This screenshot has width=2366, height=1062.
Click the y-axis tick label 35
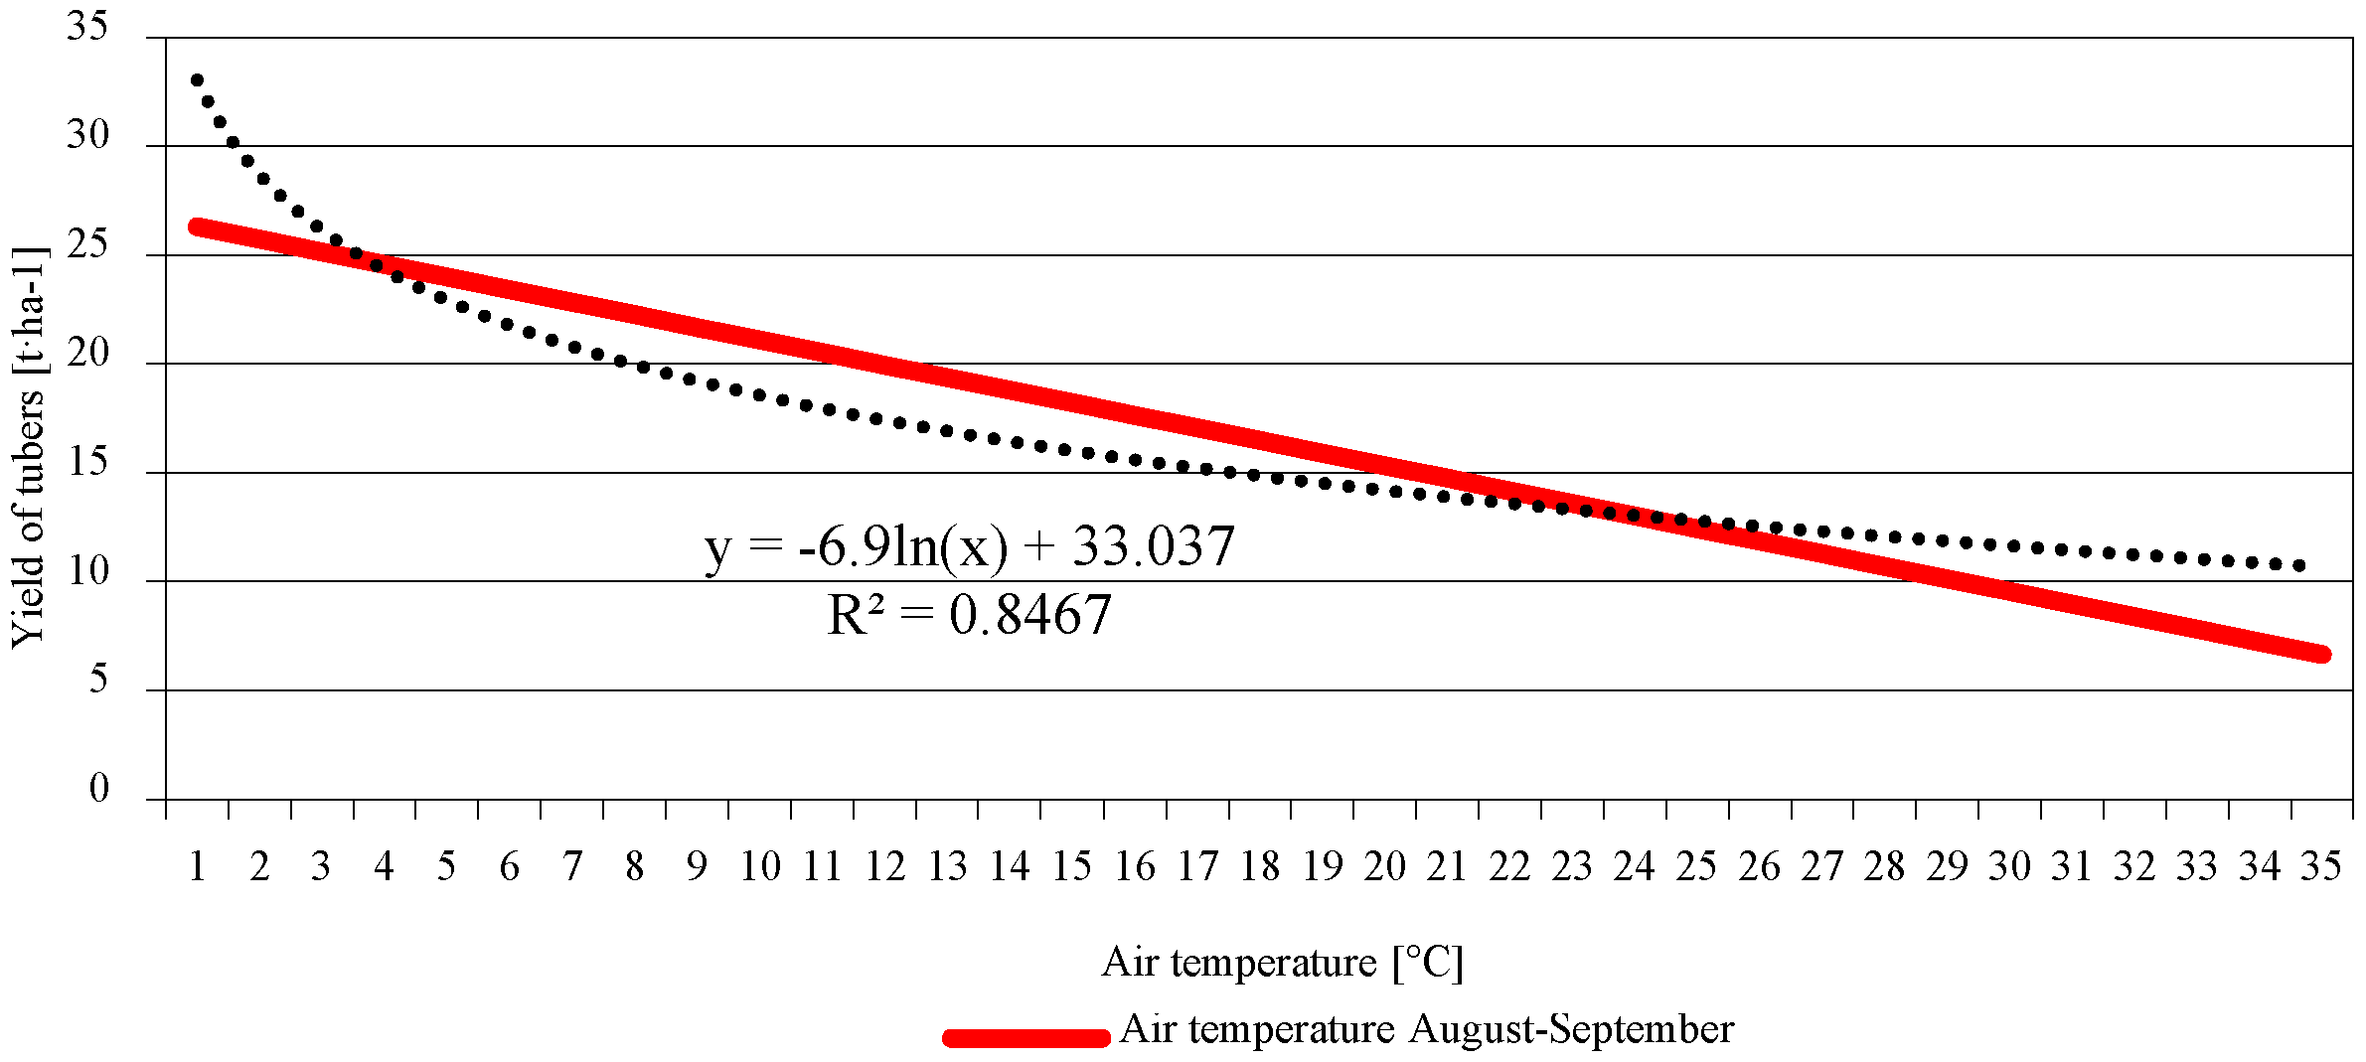(87, 26)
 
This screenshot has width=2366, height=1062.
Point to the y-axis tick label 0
(98, 789)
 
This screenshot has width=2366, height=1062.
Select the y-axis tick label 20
(87, 353)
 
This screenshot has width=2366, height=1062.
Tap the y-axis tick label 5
(98, 680)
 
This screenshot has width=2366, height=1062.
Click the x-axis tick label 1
(197, 867)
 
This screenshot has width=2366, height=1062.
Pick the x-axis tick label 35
(2321, 867)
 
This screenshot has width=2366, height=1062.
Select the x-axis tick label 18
(1260, 867)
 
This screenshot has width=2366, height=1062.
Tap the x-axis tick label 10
(760, 867)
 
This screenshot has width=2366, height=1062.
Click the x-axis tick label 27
(1821, 867)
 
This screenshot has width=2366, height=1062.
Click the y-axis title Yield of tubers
(28, 447)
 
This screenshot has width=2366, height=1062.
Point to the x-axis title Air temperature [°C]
(1282, 962)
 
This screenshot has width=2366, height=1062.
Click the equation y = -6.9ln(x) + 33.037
(969, 547)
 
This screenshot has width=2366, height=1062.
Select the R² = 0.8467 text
(969, 615)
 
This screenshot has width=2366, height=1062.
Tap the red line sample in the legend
(1025, 1038)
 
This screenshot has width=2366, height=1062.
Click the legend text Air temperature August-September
(1426, 1029)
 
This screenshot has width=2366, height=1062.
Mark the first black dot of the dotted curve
(197, 80)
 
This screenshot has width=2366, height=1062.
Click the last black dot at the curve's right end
(2298, 565)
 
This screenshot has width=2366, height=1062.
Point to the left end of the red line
(197, 228)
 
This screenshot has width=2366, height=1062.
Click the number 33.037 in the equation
(1153, 547)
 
